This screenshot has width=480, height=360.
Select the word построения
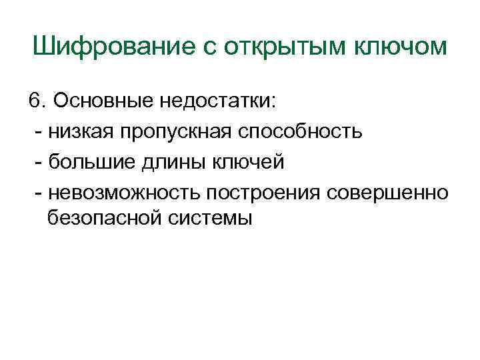(x=265, y=192)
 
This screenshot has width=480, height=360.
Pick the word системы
(x=211, y=217)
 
